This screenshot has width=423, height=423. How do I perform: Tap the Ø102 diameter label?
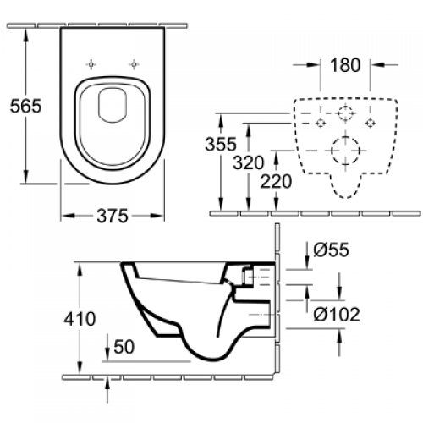(x=338, y=315)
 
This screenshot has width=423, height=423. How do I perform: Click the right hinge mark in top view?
(x=134, y=63)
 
